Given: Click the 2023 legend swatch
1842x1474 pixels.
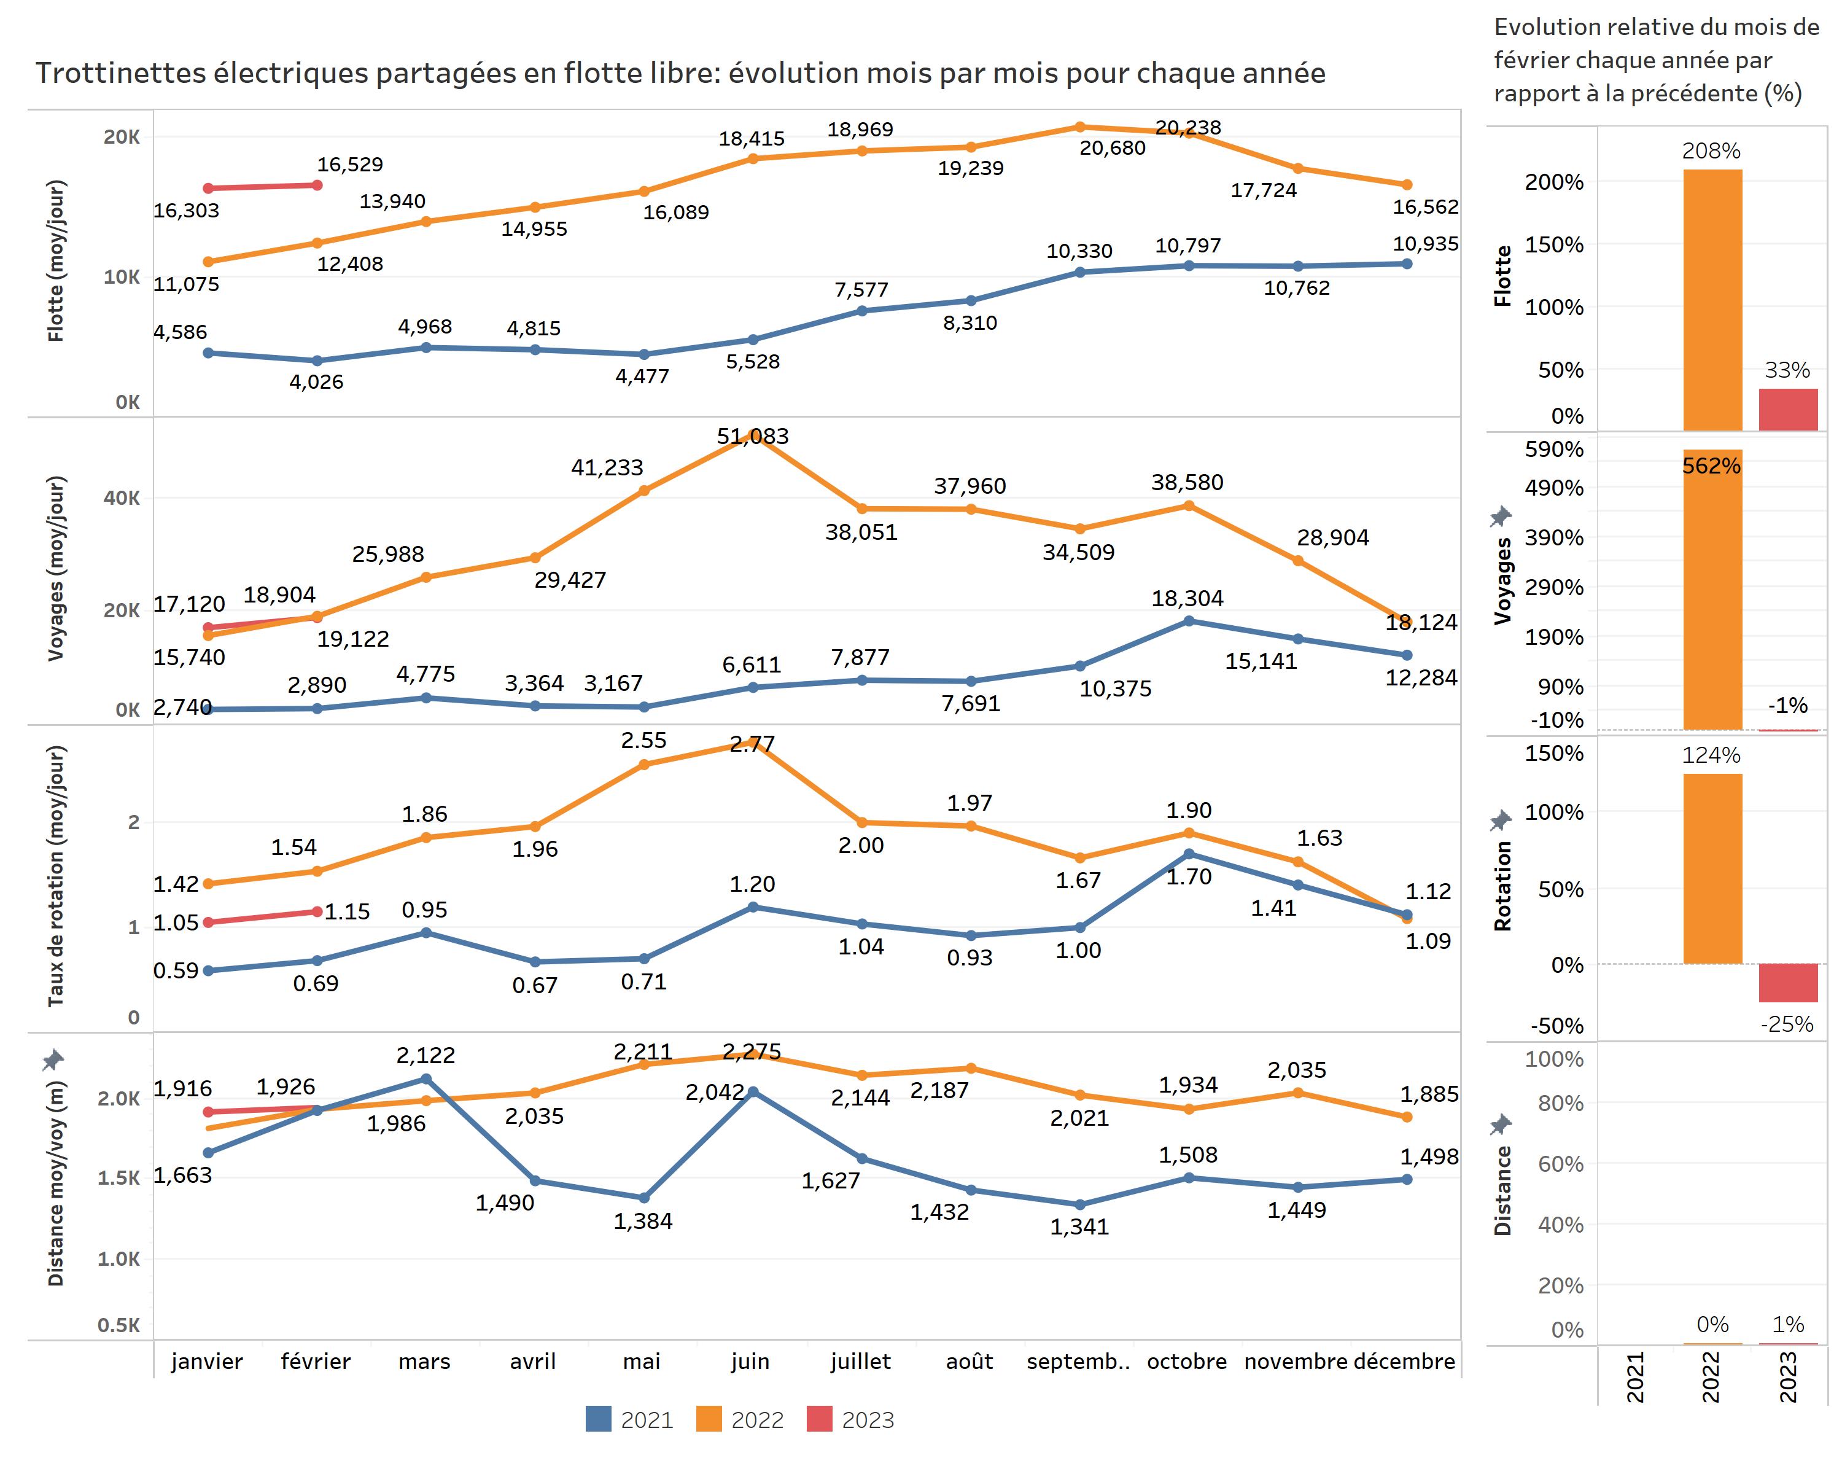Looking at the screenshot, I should [818, 1419].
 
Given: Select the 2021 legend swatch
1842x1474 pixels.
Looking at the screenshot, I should [598, 1419].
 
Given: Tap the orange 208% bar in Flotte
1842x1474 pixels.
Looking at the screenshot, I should [1712, 299].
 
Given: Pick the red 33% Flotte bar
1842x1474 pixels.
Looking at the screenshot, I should [1787, 410].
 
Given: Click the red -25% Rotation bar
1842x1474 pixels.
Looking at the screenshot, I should [1787, 983].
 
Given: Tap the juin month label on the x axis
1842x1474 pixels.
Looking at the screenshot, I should [750, 1362].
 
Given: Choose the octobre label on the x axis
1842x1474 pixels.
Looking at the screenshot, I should [1187, 1362].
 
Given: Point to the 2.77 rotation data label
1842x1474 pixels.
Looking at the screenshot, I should [752, 744].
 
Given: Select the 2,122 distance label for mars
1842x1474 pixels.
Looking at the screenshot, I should [426, 1055].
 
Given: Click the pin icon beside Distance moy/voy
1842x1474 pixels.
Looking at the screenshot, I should [53, 1061].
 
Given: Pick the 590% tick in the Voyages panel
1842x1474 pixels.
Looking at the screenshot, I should [1554, 450].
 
